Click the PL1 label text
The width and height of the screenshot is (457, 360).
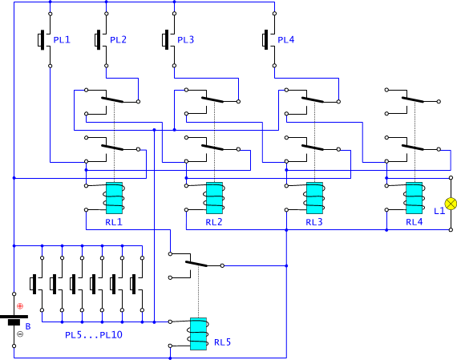(62, 39)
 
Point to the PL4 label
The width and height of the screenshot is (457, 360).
(286, 39)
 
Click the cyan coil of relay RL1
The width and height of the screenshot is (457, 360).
(114, 198)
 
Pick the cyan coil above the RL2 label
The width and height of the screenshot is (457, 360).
(215, 198)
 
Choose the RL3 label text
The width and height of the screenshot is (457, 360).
(314, 222)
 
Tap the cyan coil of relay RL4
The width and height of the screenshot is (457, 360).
(415, 198)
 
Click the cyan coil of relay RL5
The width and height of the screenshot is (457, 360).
(199, 334)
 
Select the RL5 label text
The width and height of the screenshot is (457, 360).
(222, 342)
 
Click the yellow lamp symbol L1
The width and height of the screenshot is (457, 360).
(451, 203)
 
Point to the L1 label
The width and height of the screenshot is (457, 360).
(439, 211)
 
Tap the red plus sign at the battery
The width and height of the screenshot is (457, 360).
(20, 305)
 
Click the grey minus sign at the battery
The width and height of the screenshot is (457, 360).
(20, 334)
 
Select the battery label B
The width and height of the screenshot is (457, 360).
(28, 326)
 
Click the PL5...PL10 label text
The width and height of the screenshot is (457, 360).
(94, 335)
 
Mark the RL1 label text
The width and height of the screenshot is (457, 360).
(114, 222)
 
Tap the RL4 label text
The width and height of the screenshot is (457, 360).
(415, 222)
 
